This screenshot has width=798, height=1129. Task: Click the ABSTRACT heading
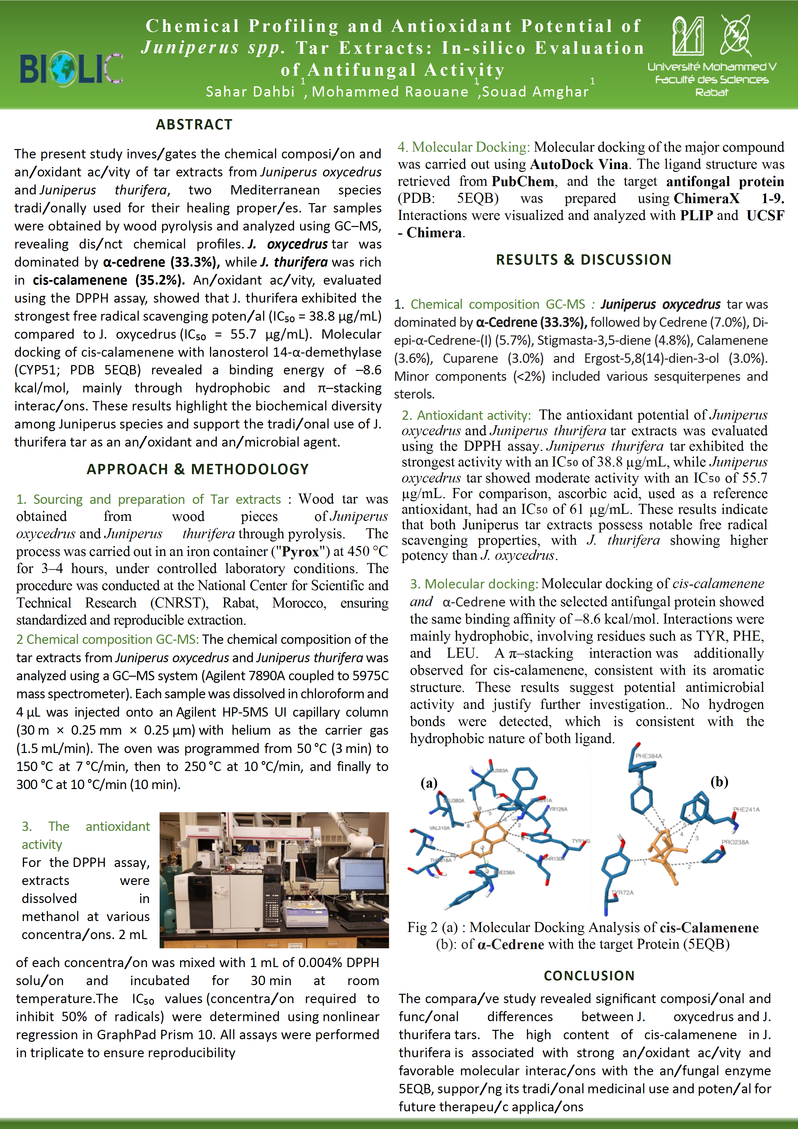point(194,124)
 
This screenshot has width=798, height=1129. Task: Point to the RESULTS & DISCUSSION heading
point(583,259)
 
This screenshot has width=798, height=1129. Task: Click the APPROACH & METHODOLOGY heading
point(198,469)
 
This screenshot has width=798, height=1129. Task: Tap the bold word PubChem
point(523,182)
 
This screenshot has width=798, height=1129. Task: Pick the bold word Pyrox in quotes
point(300,552)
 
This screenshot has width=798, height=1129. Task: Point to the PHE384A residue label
point(649,756)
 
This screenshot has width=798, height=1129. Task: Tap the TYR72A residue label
point(622,892)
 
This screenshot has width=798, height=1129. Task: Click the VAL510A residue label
point(439,828)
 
